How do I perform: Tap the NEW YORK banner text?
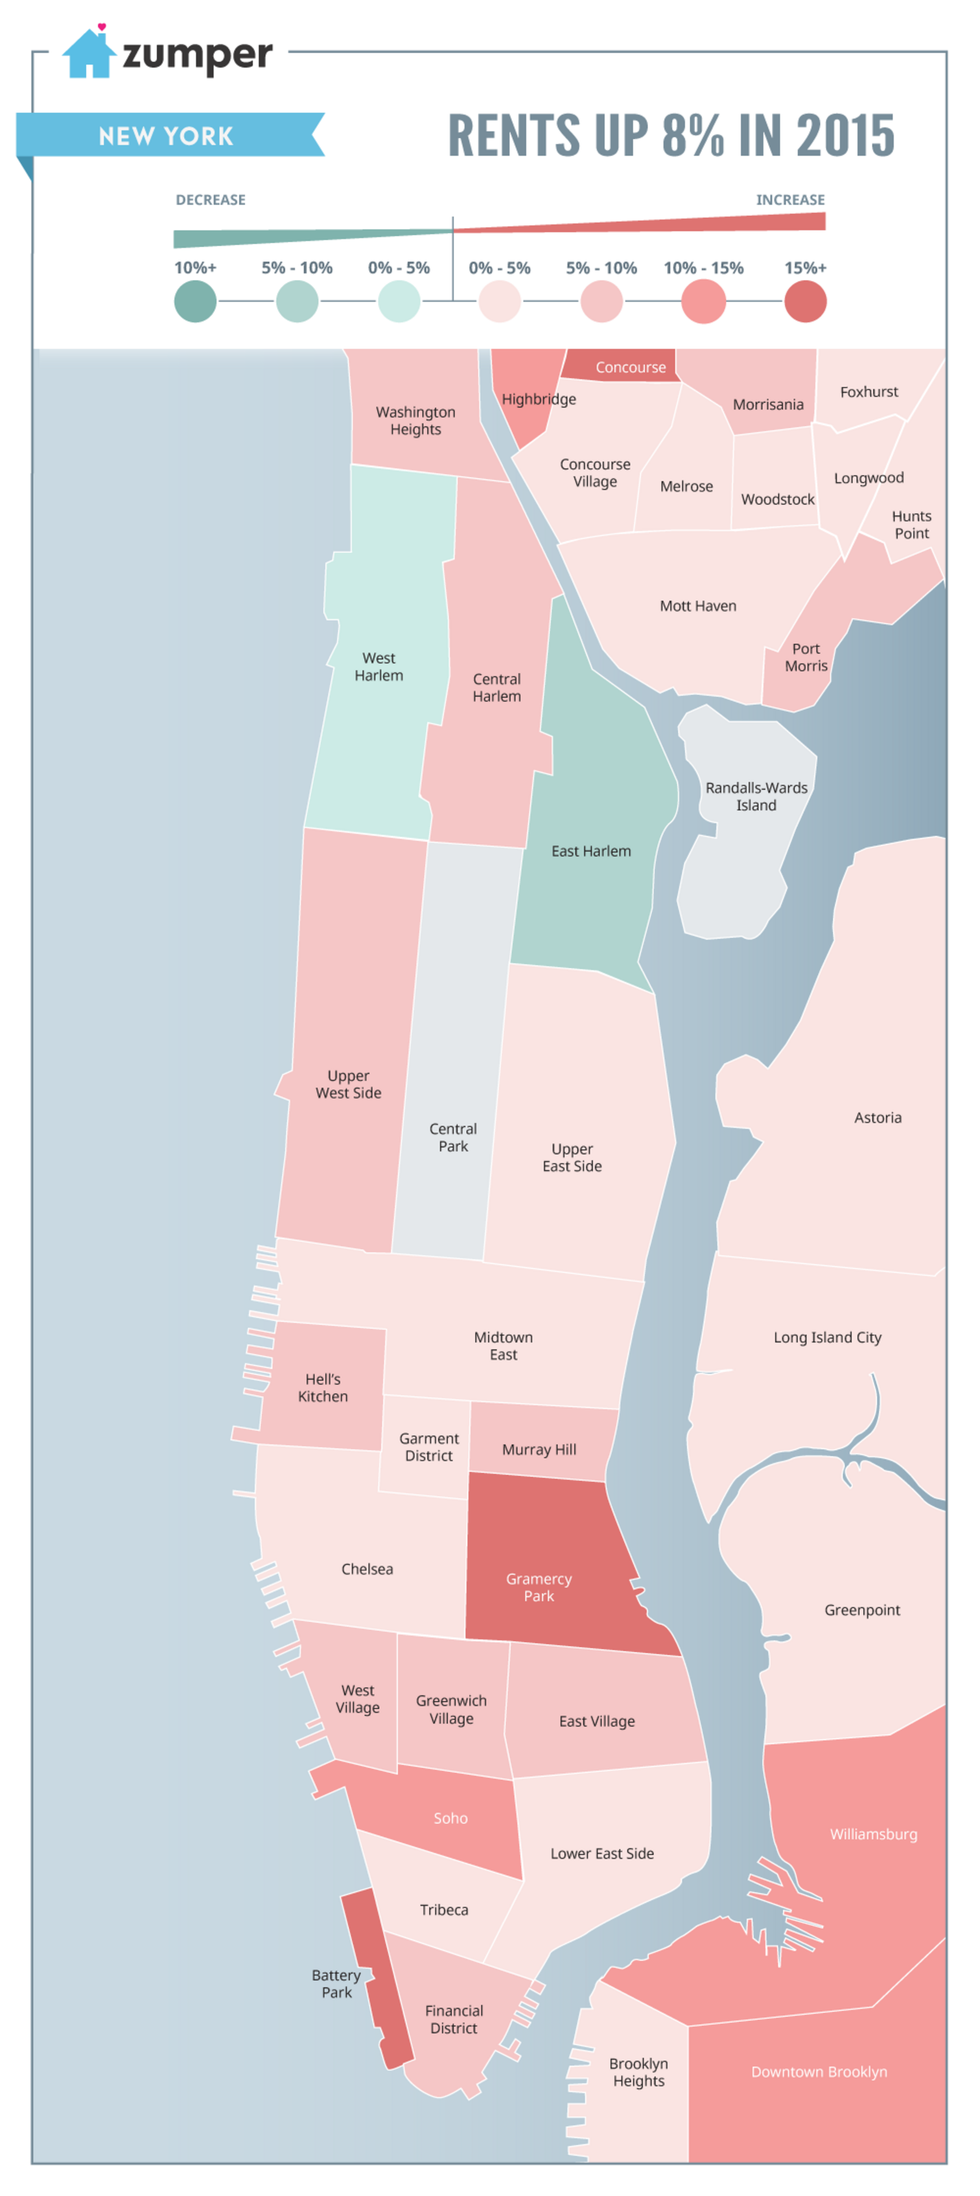coord(165,136)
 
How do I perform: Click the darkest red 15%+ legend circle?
coord(804,301)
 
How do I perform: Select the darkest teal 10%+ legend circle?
coord(195,301)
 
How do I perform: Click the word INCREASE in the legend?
coord(789,200)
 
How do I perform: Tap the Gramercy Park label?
coord(538,1587)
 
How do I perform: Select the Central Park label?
coord(452,1137)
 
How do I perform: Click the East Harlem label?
coord(591,851)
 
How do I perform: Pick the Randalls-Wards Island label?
coord(755,796)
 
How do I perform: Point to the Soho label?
coord(450,1817)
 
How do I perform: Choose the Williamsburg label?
coord(873,1834)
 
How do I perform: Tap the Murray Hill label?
coord(539,1449)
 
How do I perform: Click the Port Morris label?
coord(805,657)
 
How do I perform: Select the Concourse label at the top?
coord(630,367)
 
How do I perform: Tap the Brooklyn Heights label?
coord(638,2072)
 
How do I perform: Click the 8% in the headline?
coord(692,136)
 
